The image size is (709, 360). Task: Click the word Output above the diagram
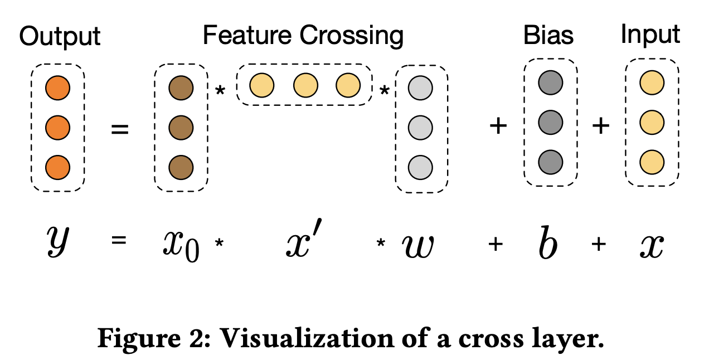pos(60,37)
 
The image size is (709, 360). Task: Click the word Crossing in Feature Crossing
pos(351,36)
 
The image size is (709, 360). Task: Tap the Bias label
pos(548,36)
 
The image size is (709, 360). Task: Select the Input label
pos(650,35)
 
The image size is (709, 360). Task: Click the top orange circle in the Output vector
pos(57,88)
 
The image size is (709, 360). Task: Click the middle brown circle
pos(181,128)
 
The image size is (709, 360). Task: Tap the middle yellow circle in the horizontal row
pos(305,85)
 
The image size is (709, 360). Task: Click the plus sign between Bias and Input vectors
pos(600,127)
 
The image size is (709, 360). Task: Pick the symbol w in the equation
pos(418,245)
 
